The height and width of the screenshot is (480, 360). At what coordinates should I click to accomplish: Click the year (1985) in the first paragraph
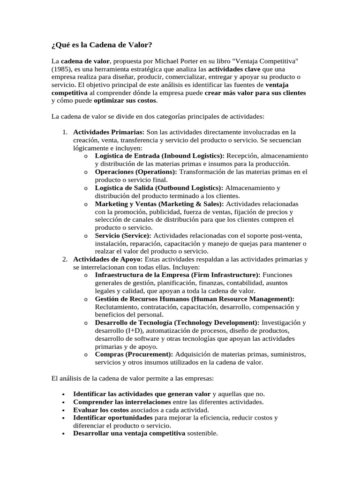pyautogui.click(x=60, y=70)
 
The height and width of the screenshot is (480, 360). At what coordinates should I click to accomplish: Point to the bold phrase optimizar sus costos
pyautogui.click(x=125, y=100)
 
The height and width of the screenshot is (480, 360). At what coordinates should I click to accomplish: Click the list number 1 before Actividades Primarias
pyautogui.click(x=65, y=132)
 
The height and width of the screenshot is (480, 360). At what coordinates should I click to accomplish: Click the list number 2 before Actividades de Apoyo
pyautogui.click(x=65, y=259)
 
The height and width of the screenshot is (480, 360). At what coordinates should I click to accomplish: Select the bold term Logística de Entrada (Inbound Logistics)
pyautogui.click(x=159, y=156)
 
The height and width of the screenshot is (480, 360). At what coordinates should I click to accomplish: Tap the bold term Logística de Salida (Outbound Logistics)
pyautogui.click(x=159, y=187)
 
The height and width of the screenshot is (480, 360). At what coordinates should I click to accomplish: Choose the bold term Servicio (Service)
pyautogui.click(x=123, y=235)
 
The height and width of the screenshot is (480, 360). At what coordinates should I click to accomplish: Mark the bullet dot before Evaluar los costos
pyautogui.click(x=63, y=410)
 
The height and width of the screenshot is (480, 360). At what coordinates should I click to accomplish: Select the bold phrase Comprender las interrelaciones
pyautogui.click(x=121, y=402)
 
